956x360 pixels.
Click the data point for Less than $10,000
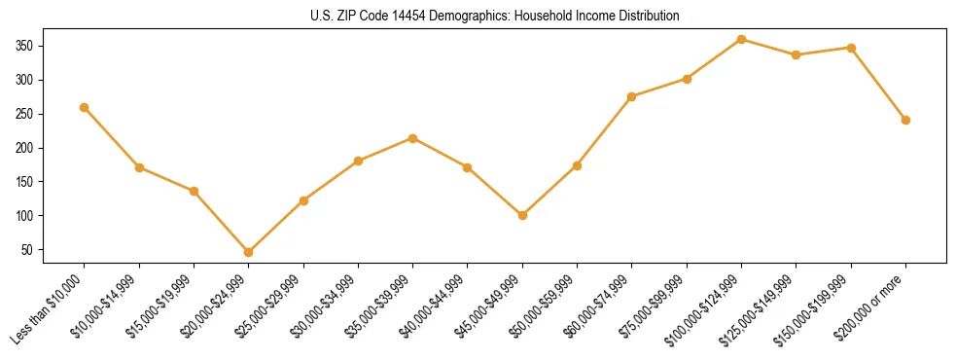85,107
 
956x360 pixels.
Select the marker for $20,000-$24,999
249,252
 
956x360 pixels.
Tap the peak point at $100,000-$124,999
741,39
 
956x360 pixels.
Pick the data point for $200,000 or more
905,120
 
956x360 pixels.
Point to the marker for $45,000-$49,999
522,215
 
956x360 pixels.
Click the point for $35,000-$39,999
413,138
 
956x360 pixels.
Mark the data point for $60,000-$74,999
632,96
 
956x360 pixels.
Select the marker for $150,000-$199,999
851,48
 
